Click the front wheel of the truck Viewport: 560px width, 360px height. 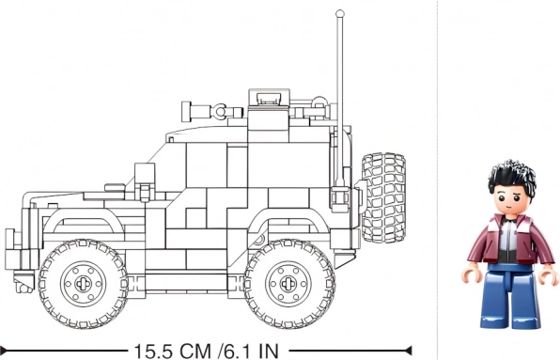pyautogui.click(x=84, y=284)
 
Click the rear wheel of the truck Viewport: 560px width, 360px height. pyautogui.click(x=288, y=284)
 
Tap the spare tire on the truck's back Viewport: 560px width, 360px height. pyautogui.click(x=384, y=197)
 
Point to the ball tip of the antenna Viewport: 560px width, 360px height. pyautogui.click(x=340, y=13)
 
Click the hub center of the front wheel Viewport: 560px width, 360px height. pyautogui.click(x=84, y=284)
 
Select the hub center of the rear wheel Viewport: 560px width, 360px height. pyautogui.click(x=288, y=284)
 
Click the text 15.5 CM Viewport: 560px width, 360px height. pyautogui.click(x=173, y=352)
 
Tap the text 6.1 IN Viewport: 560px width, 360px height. pyautogui.click(x=252, y=352)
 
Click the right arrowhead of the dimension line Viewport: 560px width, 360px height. pyautogui.click(x=407, y=350)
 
